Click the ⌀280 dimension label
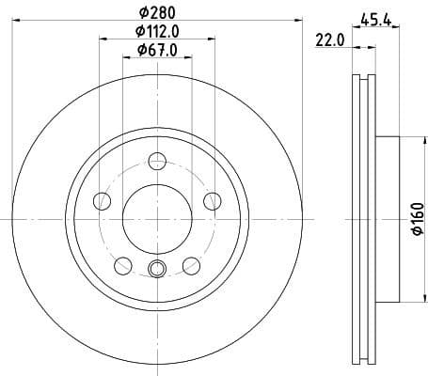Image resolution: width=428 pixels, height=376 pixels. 157,12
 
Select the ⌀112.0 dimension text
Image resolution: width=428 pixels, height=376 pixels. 157,31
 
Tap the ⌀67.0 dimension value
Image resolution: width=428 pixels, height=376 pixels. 157,50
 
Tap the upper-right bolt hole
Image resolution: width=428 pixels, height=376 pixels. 212,199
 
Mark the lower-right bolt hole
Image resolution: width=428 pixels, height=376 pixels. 192,264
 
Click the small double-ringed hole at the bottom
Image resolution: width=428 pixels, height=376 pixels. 158,272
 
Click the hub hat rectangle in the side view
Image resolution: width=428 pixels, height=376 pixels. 388,218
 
